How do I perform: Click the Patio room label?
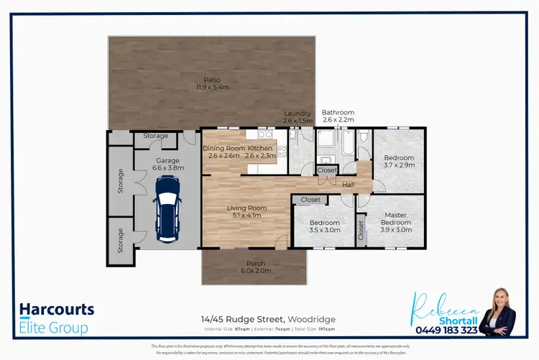pyautogui.click(x=212, y=83)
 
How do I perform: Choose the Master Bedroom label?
pyautogui.click(x=395, y=222)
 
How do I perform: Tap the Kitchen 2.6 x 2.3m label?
pyautogui.click(x=259, y=152)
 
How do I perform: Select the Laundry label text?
pyautogui.click(x=297, y=117)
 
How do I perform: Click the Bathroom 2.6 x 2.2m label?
pyautogui.click(x=338, y=116)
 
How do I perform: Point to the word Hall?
pyautogui.click(x=348, y=185)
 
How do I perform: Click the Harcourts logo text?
pyautogui.click(x=56, y=310)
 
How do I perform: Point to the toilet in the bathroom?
pyautogui.click(x=364, y=137)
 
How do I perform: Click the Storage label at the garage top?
pyautogui.click(x=155, y=136)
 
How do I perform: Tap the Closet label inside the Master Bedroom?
pyautogui.click(x=360, y=229)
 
